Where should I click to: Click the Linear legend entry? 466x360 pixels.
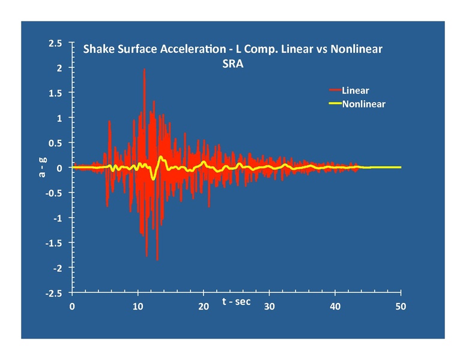pos(355,91)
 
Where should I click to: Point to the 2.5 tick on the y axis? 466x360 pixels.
pos(55,44)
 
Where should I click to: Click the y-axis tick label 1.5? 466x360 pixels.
pos(55,94)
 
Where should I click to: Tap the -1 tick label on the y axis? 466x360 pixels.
pos(58,218)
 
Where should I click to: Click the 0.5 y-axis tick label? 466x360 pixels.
pos(55,143)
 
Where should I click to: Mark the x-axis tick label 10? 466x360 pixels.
pos(138,307)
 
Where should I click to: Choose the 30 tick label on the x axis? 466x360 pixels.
pos(270,307)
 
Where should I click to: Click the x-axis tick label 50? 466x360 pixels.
pos(401,307)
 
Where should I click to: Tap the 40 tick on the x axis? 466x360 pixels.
pos(335,307)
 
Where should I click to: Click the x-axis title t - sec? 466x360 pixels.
pos(237,301)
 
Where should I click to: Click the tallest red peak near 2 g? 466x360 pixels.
pos(144,70)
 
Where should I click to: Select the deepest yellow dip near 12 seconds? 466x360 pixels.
pos(153,179)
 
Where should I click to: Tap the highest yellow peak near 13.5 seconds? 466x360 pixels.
pos(161,157)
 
